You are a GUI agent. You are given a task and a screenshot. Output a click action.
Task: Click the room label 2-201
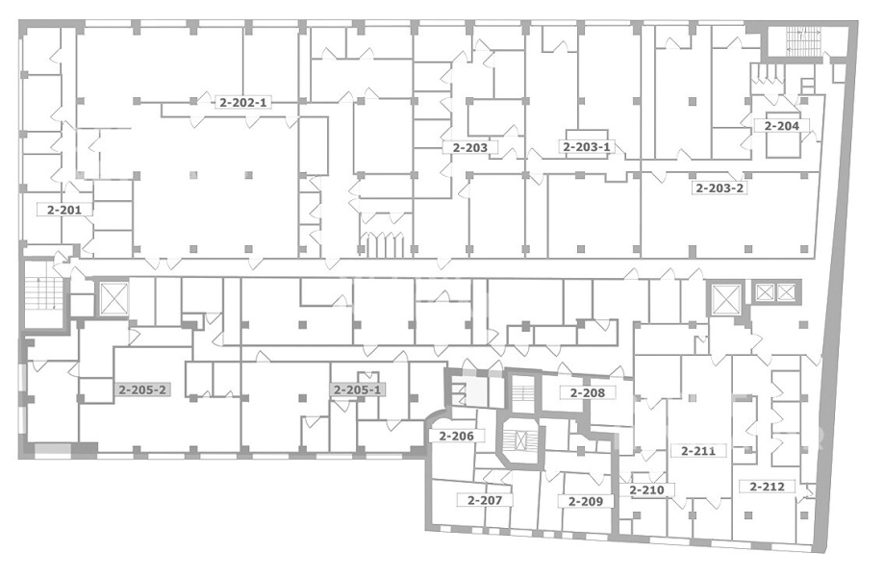click(64, 210)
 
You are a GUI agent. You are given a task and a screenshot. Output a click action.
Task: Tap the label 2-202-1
click(244, 103)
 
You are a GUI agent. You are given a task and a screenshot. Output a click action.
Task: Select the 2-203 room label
click(469, 148)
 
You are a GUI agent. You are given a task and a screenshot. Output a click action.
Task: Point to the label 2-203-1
click(587, 147)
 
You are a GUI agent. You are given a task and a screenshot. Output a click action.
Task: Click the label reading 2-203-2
click(720, 188)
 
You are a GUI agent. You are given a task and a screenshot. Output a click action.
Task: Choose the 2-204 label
click(781, 126)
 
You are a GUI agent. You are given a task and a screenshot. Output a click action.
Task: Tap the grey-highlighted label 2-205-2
click(142, 389)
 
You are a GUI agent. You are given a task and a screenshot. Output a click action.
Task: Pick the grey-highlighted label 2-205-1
click(358, 389)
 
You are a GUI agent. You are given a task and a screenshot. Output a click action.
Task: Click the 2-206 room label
click(456, 436)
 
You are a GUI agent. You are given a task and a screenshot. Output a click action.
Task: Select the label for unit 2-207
click(485, 500)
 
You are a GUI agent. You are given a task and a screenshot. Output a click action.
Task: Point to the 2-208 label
click(587, 392)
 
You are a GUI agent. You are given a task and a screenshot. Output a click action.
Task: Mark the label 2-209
click(585, 501)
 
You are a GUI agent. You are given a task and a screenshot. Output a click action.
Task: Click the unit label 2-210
click(646, 489)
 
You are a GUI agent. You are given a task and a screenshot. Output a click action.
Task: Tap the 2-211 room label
click(698, 451)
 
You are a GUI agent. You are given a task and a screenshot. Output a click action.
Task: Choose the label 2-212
click(768, 486)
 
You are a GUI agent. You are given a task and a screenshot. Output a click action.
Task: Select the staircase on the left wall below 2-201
click(43, 293)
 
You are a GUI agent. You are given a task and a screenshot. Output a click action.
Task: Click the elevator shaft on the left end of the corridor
click(114, 299)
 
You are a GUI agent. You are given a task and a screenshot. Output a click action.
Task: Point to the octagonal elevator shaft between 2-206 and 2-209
click(521, 439)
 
